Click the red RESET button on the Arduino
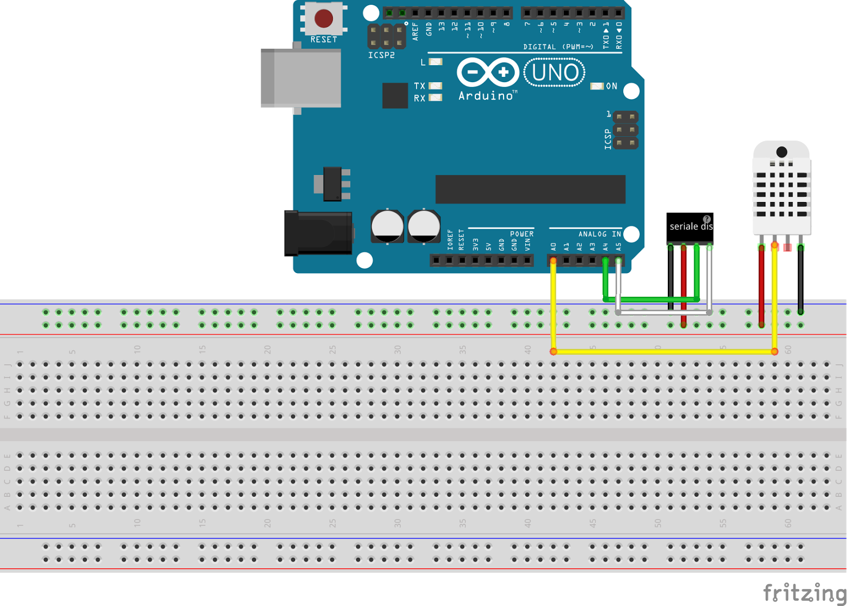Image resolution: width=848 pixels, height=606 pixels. coord(323,19)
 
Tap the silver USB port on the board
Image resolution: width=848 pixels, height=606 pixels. coord(301,78)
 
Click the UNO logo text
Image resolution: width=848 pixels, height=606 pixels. coord(554,73)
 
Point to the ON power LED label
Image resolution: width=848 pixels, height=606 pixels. coord(612,86)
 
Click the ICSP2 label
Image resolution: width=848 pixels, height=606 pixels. coord(382,55)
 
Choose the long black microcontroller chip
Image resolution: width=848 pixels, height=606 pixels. coord(530,189)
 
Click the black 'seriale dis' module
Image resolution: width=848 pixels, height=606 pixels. coord(690,228)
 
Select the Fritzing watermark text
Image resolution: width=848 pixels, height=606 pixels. coord(805,592)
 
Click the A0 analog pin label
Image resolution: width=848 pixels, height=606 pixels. coord(554,247)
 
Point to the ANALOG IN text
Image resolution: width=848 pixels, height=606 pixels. coord(599,234)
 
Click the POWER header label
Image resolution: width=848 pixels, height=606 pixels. coord(522,234)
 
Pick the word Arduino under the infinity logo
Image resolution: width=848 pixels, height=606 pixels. coord(486,96)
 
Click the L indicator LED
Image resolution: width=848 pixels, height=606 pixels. coord(436,62)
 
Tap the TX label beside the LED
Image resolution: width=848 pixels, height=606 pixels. coord(419,86)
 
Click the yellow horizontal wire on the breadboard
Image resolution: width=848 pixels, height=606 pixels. coord(662,352)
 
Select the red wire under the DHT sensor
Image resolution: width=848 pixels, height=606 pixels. coord(762,286)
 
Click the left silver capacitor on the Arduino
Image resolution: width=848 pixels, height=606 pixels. coord(387,226)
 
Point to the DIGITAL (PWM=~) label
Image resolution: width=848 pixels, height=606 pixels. coord(558,47)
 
